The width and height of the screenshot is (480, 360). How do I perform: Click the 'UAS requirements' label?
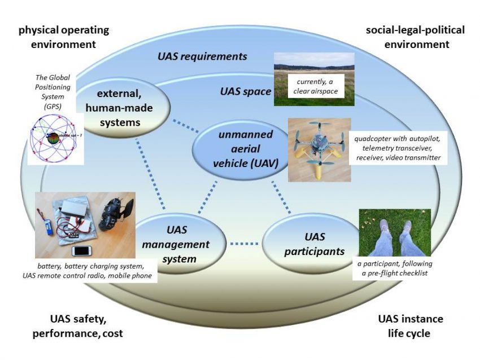(202, 56)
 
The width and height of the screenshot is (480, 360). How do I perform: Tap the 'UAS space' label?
(246, 91)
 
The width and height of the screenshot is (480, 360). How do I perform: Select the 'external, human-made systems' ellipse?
(123, 108)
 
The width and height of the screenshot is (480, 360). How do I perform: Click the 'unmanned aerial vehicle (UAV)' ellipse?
(242, 149)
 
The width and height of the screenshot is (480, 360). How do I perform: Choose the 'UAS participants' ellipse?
(312, 244)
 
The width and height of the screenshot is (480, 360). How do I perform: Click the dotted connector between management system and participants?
(244, 244)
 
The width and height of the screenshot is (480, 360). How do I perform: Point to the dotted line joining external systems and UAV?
(186, 126)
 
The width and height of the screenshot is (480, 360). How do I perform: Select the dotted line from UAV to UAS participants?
(281, 197)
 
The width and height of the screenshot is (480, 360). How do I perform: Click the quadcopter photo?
(319, 150)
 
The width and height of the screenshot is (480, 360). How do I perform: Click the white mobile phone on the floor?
(82, 251)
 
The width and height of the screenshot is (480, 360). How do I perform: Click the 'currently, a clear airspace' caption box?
(315, 86)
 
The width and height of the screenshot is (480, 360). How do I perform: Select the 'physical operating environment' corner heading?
(64, 37)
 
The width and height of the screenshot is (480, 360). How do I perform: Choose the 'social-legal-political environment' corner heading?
(416, 37)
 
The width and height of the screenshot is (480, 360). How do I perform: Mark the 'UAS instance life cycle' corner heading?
(410, 326)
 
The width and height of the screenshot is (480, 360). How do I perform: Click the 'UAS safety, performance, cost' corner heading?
(78, 326)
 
